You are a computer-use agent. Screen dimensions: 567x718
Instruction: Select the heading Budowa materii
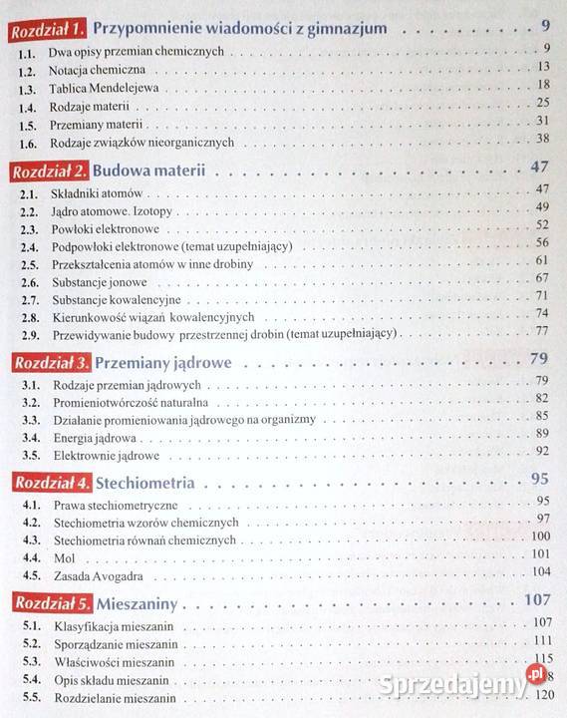pos(151,171)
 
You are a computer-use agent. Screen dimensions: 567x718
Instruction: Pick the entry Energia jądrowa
pos(99,437)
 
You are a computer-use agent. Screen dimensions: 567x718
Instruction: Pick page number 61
pos(542,261)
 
